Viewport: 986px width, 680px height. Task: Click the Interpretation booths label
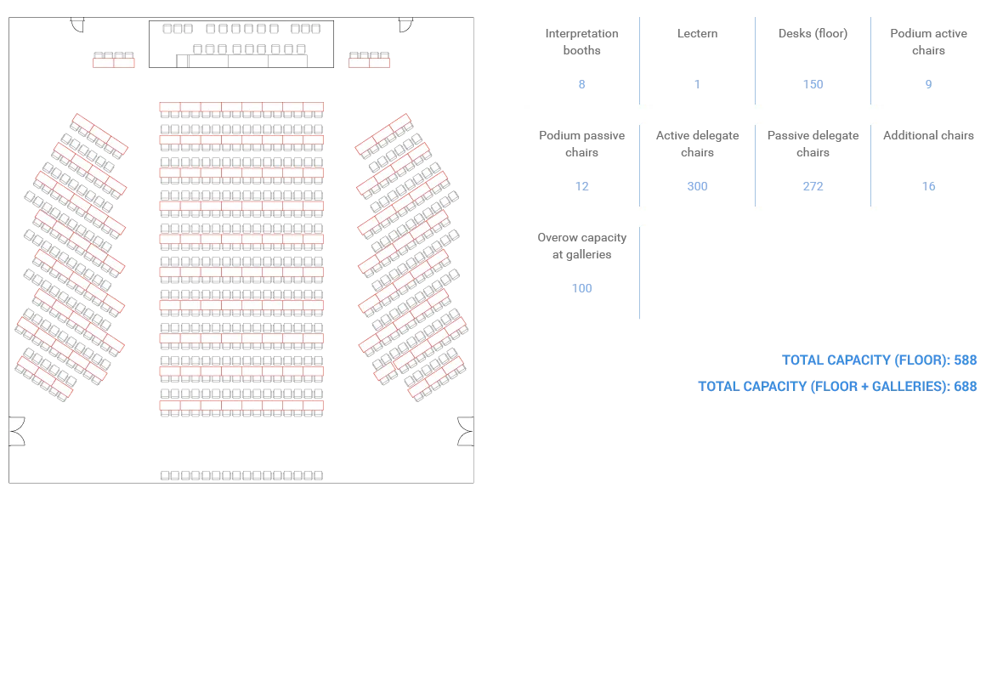(x=581, y=42)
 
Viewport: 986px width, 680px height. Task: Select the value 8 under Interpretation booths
(x=581, y=84)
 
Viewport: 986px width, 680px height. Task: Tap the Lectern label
(x=697, y=33)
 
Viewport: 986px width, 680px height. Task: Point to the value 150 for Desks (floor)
(x=813, y=84)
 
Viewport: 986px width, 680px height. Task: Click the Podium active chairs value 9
(x=929, y=84)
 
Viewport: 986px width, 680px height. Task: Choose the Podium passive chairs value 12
(x=581, y=186)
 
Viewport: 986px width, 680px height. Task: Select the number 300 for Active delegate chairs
(x=697, y=186)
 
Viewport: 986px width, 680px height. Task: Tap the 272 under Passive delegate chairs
(x=813, y=186)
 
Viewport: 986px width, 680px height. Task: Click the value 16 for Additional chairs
(x=929, y=186)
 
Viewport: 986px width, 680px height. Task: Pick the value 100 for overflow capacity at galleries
(x=581, y=288)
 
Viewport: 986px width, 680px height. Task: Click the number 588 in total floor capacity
(x=966, y=360)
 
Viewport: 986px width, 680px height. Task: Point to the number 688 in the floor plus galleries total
(x=966, y=386)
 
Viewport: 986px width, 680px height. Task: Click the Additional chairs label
(x=929, y=135)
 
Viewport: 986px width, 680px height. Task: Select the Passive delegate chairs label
(x=813, y=144)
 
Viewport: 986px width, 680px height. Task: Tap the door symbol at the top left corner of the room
(x=77, y=25)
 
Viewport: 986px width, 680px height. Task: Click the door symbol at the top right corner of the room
(x=405, y=25)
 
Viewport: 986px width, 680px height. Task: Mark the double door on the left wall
(x=17, y=432)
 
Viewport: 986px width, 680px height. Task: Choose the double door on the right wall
(x=465, y=432)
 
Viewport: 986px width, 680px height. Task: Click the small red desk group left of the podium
(x=114, y=59)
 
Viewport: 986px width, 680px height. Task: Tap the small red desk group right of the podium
(x=369, y=59)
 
